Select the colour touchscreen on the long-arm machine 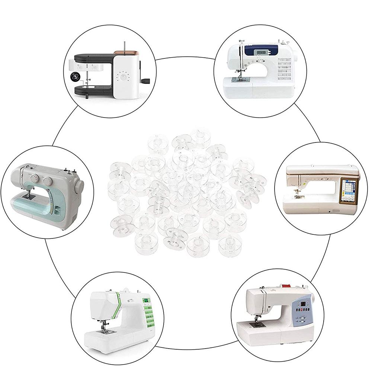click(x=349, y=190)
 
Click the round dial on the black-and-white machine click(x=123, y=77)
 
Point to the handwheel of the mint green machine click(x=79, y=186)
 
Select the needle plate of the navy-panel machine click(x=238, y=80)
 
